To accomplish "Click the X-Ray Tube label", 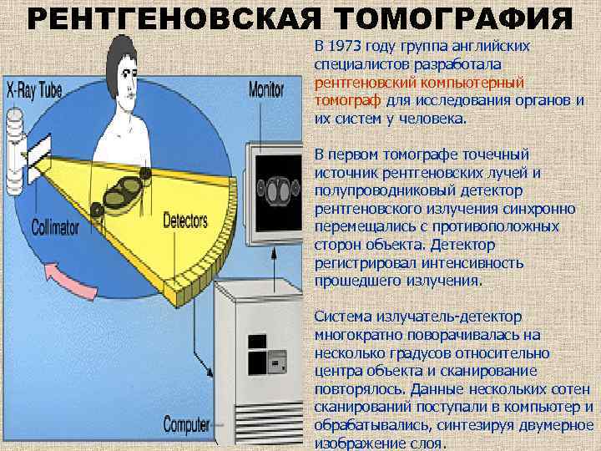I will coord(35,89).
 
